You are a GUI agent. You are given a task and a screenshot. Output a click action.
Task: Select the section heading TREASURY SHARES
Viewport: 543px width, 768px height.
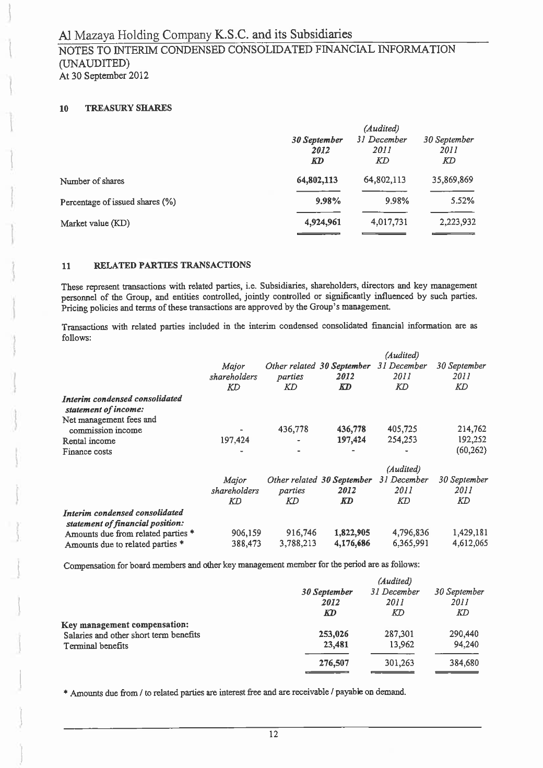pos(128,108)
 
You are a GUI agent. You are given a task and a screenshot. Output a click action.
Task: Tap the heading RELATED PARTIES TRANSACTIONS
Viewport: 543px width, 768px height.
pos(171,265)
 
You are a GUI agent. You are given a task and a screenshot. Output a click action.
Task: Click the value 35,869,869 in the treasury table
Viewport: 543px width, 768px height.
pos(452,181)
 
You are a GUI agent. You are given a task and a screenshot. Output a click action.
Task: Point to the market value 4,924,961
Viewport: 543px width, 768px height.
pos(323,222)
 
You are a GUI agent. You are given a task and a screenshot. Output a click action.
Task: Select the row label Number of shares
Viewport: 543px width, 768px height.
pos(92,181)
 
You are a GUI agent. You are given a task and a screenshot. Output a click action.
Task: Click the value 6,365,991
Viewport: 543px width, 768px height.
pos(410,544)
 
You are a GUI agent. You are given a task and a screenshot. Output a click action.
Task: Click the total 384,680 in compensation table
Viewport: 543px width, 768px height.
pos(464,663)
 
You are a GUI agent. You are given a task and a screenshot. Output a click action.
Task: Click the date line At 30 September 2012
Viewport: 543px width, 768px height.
pos(103,76)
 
